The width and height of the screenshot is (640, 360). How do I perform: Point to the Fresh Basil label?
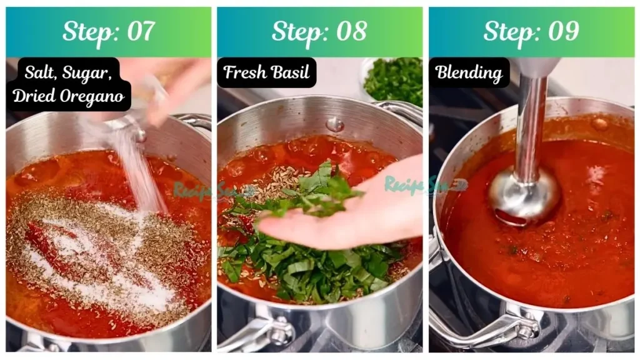point(267,72)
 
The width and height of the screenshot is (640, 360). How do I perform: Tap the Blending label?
point(469,72)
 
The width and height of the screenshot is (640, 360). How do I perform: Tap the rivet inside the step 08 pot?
point(335,124)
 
